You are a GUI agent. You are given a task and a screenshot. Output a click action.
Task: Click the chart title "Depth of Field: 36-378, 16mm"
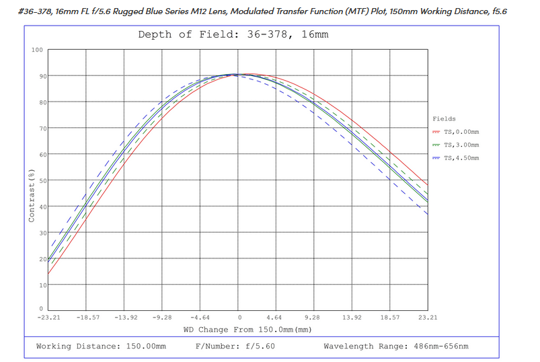point(233,34)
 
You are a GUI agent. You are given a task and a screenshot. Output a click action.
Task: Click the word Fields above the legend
point(445,118)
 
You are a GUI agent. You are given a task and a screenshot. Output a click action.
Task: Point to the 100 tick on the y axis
point(37,50)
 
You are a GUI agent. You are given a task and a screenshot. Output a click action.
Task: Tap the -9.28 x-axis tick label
point(163,316)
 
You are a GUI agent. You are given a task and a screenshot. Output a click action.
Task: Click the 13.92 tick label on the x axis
point(352,316)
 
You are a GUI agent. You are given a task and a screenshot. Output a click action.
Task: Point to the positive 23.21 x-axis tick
point(428,316)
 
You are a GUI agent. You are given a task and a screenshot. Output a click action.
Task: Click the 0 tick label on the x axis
point(238,316)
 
